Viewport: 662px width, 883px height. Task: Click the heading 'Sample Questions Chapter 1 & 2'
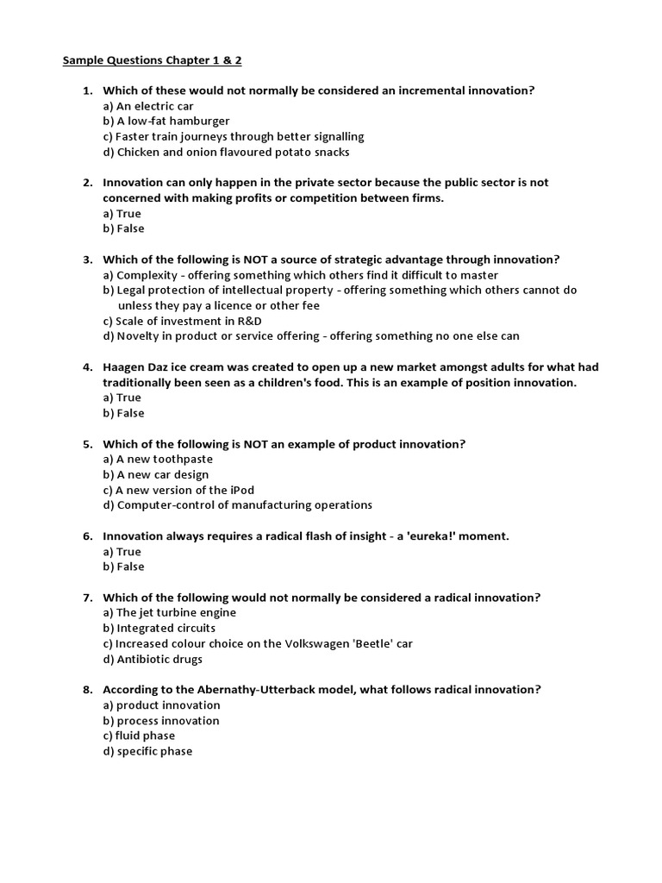[147, 60]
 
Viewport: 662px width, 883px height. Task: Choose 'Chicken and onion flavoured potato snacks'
[221, 153]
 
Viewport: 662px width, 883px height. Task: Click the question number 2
[87, 183]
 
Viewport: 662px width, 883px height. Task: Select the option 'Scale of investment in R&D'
[180, 321]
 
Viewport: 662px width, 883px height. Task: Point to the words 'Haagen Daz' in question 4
[135, 367]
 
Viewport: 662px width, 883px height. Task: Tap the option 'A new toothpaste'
[158, 460]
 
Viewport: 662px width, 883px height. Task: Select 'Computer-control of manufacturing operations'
[237, 505]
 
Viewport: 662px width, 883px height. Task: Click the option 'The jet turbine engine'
[169, 613]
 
